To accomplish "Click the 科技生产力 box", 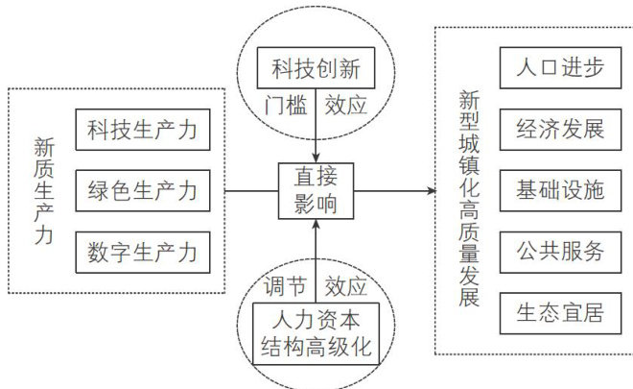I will [141, 129].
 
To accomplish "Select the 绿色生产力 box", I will [141, 190].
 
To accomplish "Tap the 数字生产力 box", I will [141, 253].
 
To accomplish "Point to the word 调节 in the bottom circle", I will [285, 285].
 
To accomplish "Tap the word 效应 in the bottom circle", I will [346, 285].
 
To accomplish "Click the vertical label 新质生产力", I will [43, 191].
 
